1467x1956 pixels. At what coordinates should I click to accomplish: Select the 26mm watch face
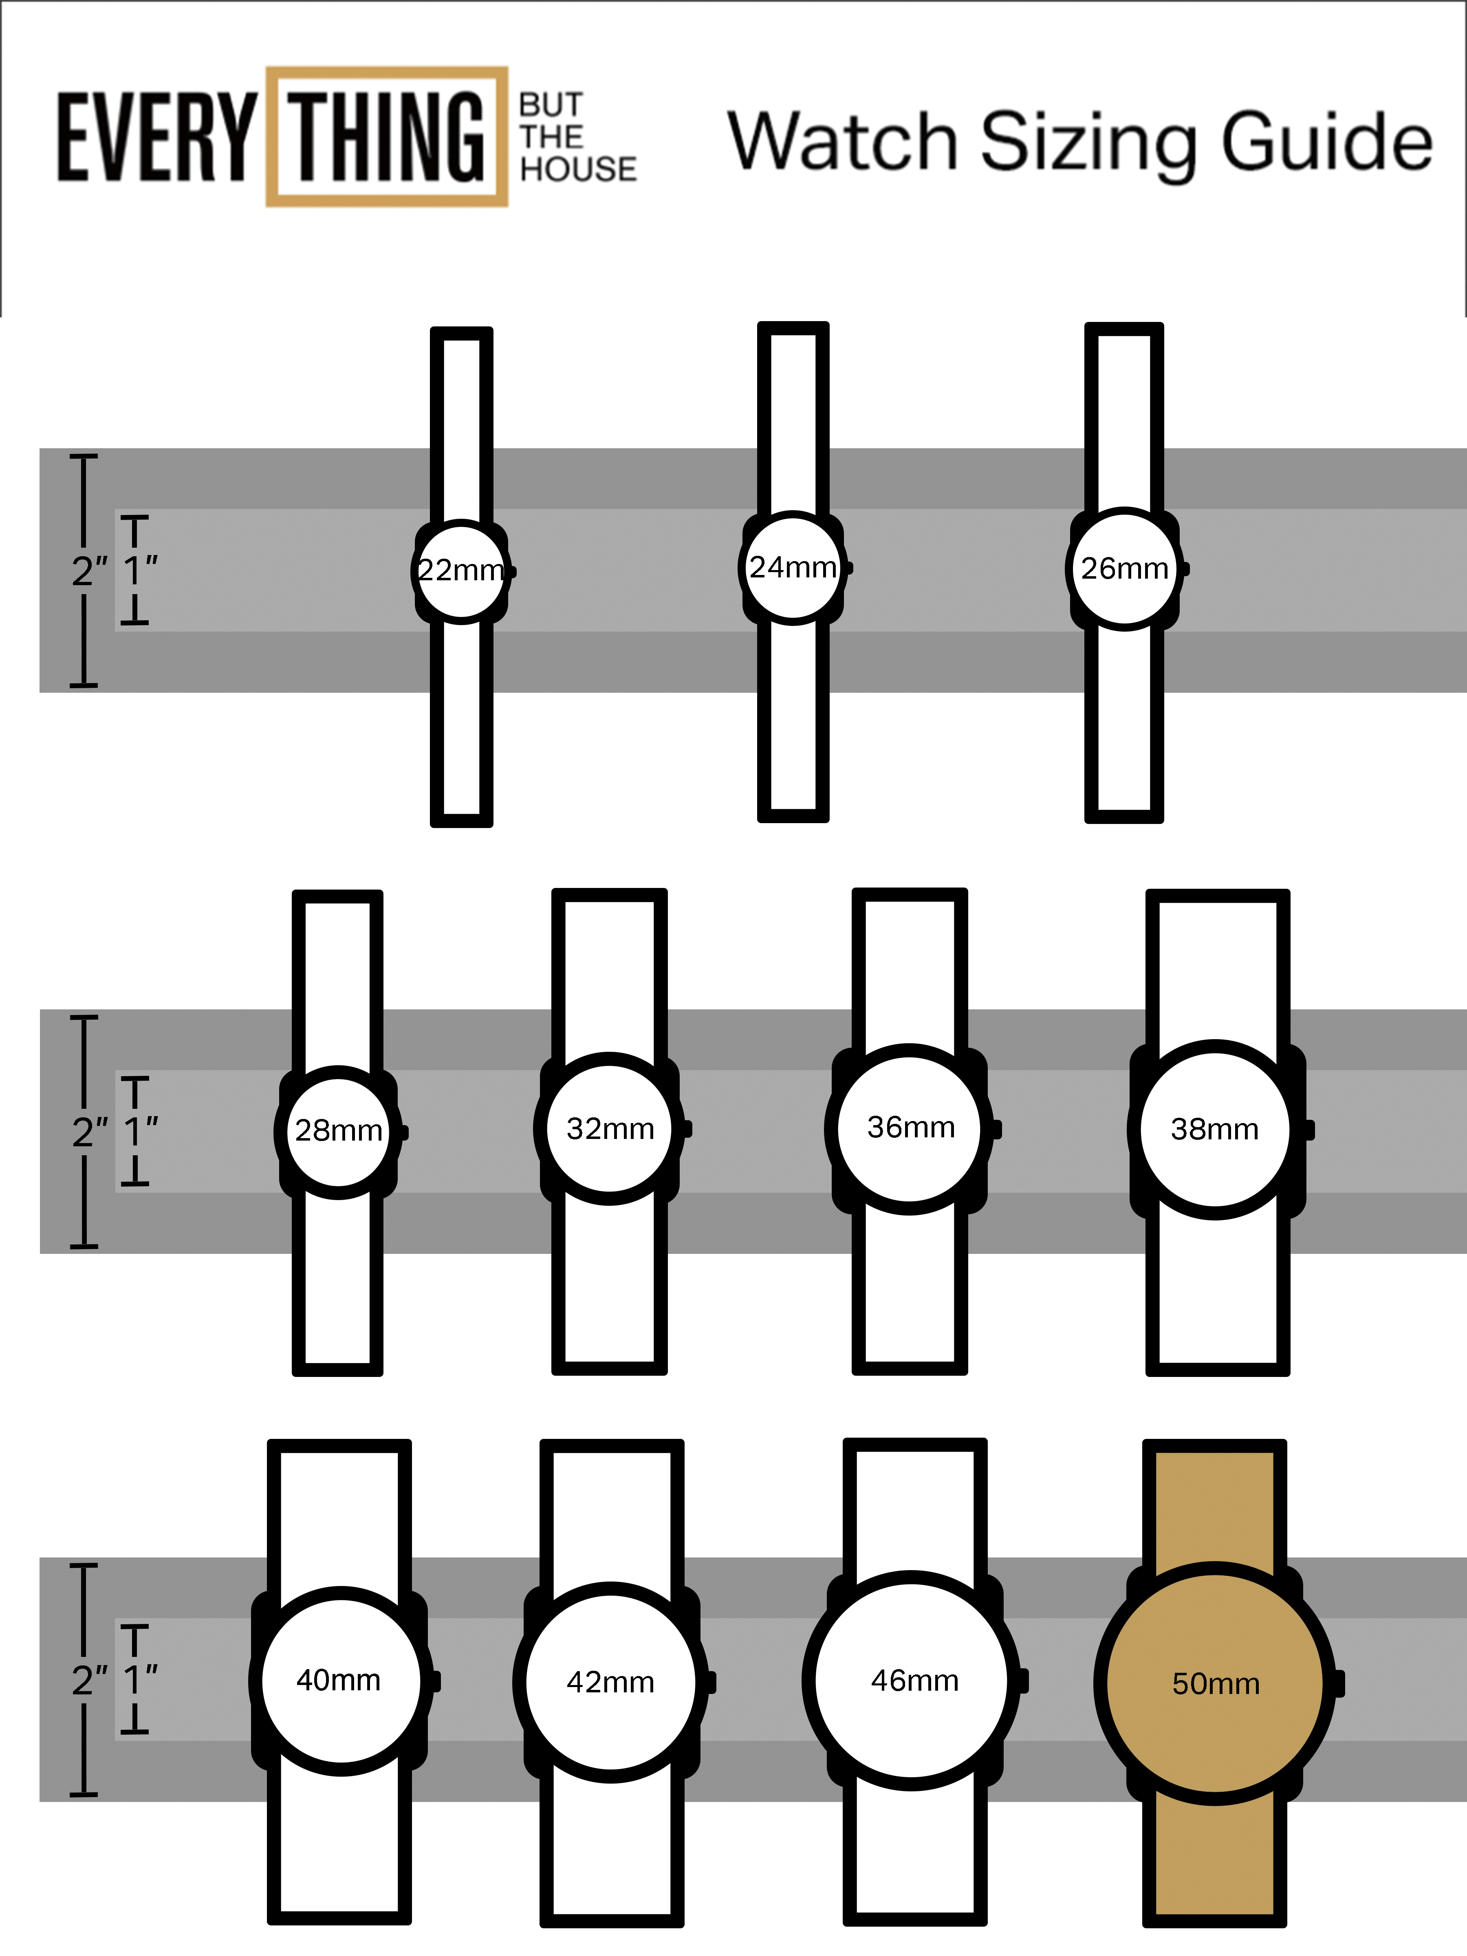[1124, 568]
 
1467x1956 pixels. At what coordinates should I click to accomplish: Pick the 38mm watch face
[1215, 1129]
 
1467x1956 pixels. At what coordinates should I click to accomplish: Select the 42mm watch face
[610, 1682]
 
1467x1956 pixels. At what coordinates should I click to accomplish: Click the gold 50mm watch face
[1215, 1684]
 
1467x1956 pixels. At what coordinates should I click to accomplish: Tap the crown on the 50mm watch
[1339, 1684]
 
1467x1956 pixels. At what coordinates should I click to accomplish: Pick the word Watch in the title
[844, 141]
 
